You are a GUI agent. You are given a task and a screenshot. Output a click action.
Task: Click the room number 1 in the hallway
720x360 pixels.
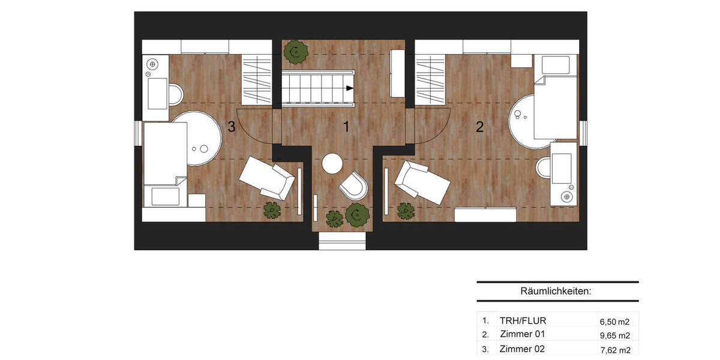click(346, 127)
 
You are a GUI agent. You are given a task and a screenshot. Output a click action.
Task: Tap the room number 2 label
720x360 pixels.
click(479, 127)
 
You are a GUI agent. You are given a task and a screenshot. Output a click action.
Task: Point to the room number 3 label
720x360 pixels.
click(231, 127)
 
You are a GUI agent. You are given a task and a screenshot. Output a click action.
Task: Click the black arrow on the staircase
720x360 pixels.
click(349, 88)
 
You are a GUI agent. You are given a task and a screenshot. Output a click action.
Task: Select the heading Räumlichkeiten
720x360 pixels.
click(556, 292)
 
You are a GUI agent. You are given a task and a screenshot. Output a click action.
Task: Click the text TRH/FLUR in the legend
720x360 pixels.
click(523, 320)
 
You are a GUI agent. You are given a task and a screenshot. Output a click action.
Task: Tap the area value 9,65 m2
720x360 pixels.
click(615, 336)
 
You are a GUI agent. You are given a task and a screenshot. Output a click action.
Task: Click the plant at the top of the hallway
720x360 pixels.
click(295, 52)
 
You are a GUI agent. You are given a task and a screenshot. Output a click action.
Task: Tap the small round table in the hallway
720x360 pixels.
click(332, 163)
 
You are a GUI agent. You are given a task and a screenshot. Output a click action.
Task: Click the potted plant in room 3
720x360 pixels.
click(272, 210)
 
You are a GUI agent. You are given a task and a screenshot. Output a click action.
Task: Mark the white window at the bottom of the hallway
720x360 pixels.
click(342, 241)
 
